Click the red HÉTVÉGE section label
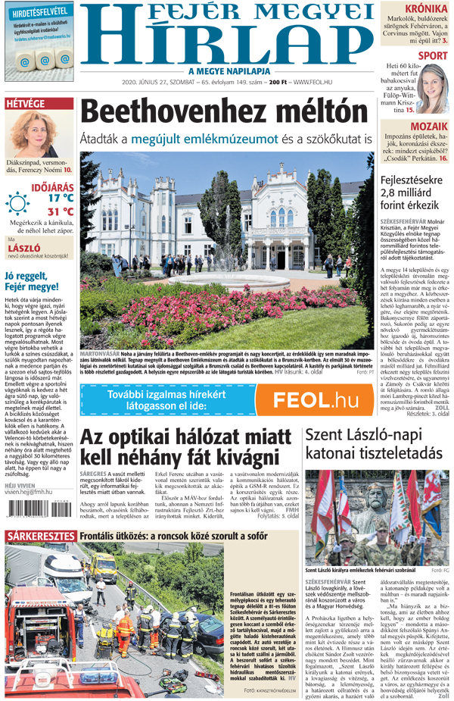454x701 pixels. click(x=25, y=104)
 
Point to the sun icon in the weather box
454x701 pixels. click(x=17, y=204)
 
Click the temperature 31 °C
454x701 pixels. click(x=61, y=211)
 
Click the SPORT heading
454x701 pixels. click(x=432, y=55)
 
